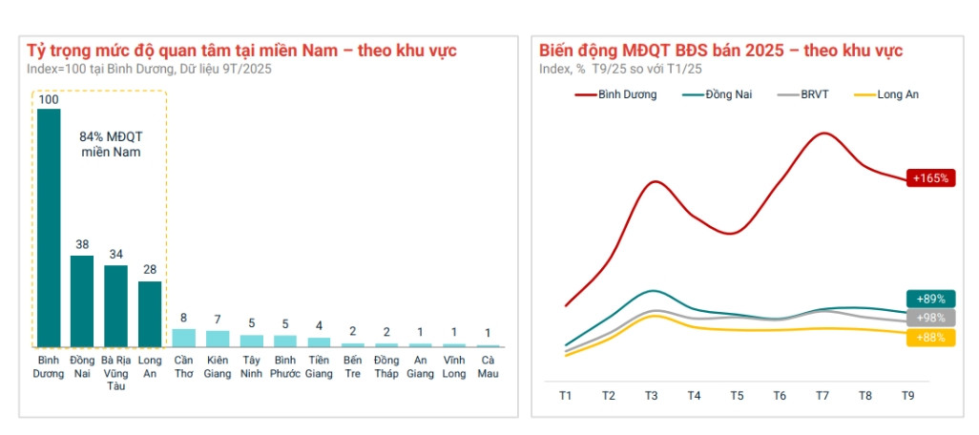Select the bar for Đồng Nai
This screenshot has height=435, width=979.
[82, 300]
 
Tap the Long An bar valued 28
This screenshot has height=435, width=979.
[150, 314]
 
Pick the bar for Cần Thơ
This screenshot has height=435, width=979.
[184, 338]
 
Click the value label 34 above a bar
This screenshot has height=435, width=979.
[115, 254]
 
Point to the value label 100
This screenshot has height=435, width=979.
[48, 99]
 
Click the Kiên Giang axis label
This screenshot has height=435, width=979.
[218, 366]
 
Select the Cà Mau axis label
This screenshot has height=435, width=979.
[488, 366]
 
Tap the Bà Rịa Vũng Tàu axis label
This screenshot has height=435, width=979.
[115, 373]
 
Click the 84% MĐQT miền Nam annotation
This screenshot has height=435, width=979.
[104, 144]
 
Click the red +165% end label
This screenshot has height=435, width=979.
[930, 178]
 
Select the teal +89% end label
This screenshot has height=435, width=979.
[930, 299]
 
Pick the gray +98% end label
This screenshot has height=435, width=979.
[930, 318]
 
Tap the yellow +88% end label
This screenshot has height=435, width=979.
[930, 337]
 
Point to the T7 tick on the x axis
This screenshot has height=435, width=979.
[823, 396]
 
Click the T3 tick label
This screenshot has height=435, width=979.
[651, 396]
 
